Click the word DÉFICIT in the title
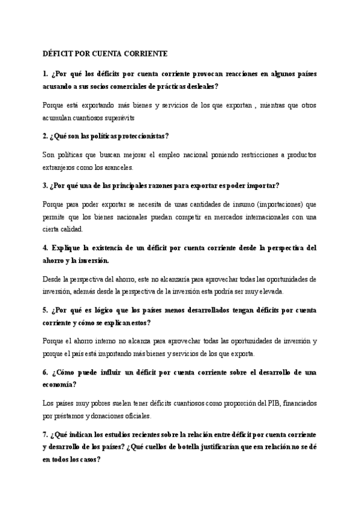58,54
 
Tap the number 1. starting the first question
46,73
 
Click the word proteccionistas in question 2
136,136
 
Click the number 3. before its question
46,185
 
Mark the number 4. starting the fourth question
46,248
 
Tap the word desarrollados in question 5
199,310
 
